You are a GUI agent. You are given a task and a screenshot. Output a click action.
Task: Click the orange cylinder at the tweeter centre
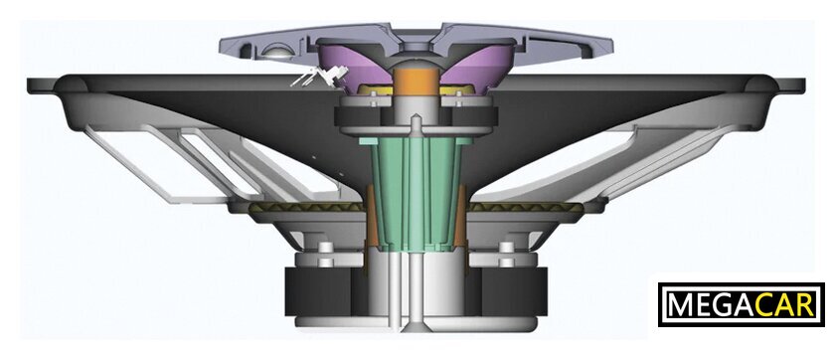(x=417, y=83)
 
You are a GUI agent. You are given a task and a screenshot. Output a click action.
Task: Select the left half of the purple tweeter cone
(x=354, y=66)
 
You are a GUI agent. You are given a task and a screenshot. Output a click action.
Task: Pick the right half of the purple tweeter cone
(x=479, y=66)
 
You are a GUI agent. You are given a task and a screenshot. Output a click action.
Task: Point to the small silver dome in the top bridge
(x=276, y=51)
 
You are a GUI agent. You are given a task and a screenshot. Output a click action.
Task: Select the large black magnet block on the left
(x=325, y=291)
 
